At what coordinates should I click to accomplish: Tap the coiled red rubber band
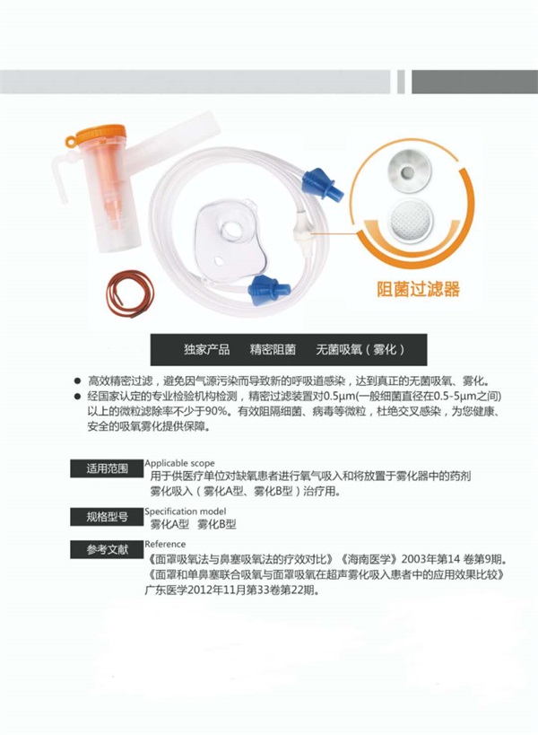click(130, 293)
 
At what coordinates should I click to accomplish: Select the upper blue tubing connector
click(322, 184)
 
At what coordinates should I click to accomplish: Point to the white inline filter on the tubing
click(301, 229)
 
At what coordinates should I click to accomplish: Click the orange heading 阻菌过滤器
click(419, 289)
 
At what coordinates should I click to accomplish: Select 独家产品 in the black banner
click(207, 350)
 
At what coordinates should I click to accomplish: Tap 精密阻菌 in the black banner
click(273, 350)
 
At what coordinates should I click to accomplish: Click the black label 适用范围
click(108, 468)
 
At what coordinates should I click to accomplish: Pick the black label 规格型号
click(108, 517)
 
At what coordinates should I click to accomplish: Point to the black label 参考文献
click(108, 549)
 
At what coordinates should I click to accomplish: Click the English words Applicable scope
click(180, 463)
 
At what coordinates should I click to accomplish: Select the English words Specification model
click(186, 511)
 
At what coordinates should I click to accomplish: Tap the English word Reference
click(165, 544)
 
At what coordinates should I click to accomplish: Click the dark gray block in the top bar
click(475, 82)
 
